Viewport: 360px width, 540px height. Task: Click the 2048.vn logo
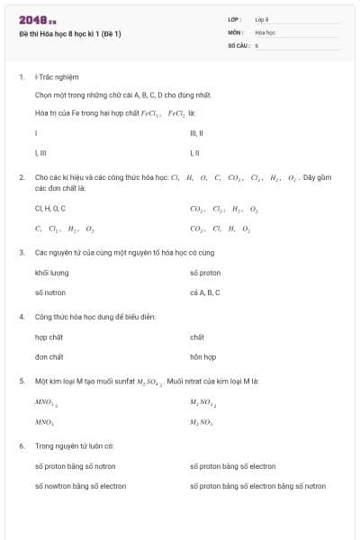click(x=37, y=19)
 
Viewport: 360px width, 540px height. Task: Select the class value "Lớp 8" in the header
click(x=262, y=19)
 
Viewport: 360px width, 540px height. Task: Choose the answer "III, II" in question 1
click(x=197, y=133)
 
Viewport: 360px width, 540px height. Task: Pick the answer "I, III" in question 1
click(x=40, y=153)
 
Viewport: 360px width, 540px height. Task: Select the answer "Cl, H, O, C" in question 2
click(x=50, y=209)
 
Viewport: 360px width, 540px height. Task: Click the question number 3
click(x=22, y=253)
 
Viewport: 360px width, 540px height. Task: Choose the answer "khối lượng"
click(x=51, y=273)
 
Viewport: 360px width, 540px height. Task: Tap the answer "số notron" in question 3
click(x=50, y=292)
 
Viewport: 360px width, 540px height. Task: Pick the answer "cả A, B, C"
click(x=205, y=292)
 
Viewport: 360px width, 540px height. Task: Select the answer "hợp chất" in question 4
click(x=49, y=337)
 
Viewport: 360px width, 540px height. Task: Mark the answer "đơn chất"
click(x=49, y=356)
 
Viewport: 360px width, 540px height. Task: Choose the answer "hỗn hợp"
click(x=203, y=356)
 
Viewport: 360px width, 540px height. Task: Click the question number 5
click(x=22, y=381)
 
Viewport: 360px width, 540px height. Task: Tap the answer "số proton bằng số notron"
click(x=75, y=466)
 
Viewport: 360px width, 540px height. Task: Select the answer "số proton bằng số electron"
click(x=232, y=466)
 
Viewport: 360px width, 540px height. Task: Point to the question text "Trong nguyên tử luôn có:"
click(x=74, y=445)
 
